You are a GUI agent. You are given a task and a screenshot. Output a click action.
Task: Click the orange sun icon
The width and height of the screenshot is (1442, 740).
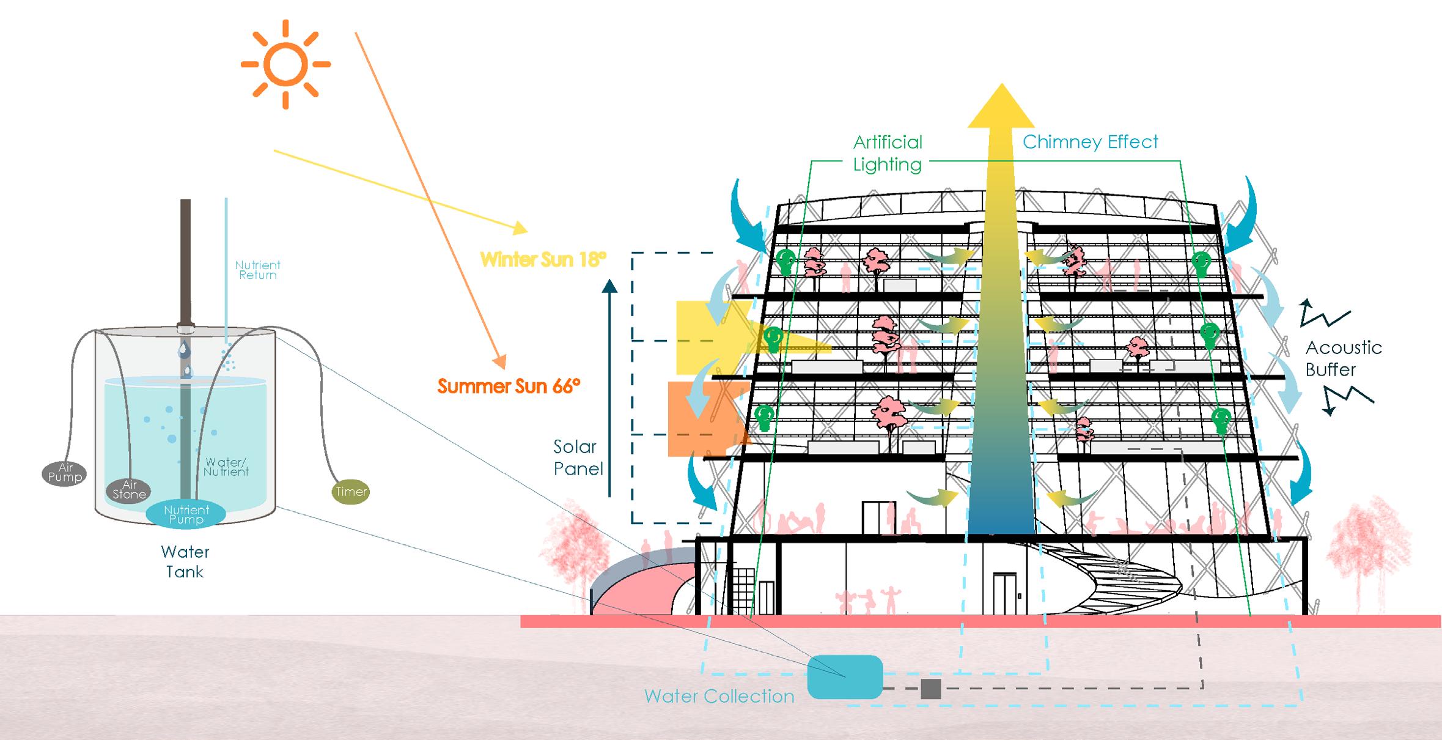click(285, 64)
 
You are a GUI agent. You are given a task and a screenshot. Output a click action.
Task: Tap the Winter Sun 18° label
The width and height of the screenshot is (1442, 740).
click(543, 259)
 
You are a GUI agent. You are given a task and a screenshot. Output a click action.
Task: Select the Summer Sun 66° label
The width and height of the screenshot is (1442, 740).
click(509, 387)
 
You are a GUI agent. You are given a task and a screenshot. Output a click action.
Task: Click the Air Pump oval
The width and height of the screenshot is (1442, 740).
click(65, 473)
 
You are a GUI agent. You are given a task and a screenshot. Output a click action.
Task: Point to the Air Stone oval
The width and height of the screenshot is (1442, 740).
click(129, 490)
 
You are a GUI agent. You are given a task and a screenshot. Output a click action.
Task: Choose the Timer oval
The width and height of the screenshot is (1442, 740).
click(351, 491)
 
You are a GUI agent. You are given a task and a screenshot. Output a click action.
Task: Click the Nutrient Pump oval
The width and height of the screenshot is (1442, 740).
click(186, 514)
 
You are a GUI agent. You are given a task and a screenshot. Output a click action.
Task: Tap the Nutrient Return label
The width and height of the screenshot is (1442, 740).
click(257, 270)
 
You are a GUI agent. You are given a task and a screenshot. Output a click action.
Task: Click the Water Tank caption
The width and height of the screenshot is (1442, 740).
click(185, 561)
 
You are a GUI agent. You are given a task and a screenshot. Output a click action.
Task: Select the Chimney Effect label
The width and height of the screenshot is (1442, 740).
click(1090, 142)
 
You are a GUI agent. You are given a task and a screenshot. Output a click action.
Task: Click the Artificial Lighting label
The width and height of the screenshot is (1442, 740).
click(888, 153)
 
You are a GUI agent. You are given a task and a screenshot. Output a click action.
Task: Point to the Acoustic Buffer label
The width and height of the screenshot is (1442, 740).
click(1343, 358)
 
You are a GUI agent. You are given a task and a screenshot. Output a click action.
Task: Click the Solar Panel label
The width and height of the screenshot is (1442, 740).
click(578, 457)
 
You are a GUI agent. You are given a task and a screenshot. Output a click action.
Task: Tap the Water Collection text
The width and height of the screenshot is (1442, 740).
click(719, 696)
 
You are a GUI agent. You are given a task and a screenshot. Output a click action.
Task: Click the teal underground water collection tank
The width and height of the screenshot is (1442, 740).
click(845, 677)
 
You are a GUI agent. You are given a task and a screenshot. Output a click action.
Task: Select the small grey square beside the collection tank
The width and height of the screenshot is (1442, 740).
click(930, 689)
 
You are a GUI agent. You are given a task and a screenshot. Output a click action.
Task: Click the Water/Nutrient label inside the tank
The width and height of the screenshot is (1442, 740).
click(226, 467)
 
